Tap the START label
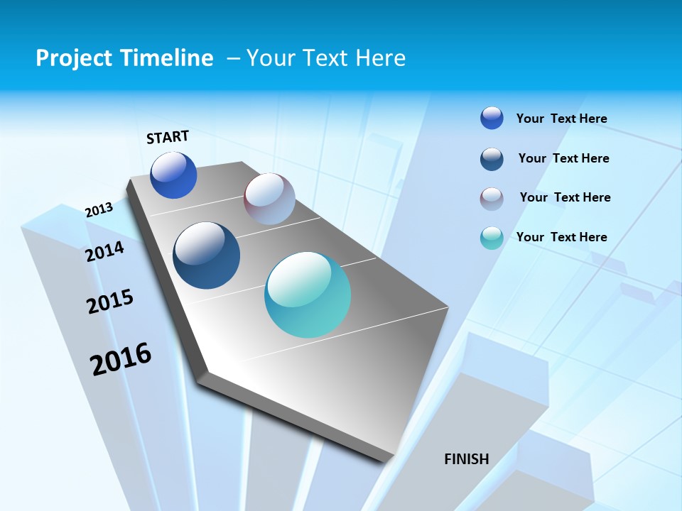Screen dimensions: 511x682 (x=168, y=137)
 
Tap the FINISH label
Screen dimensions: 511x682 (x=467, y=459)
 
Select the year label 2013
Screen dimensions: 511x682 (x=99, y=209)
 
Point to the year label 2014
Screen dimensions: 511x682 (x=105, y=251)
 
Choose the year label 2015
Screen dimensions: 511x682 (x=110, y=301)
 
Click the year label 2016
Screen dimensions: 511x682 (x=121, y=358)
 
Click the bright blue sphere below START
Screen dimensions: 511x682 (x=173, y=175)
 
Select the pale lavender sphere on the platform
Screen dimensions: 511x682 (x=269, y=199)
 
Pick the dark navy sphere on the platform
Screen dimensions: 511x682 (x=207, y=255)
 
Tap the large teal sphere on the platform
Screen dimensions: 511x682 (x=308, y=295)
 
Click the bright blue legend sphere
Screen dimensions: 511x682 (x=492, y=119)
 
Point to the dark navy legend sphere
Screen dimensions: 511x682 (x=492, y=159)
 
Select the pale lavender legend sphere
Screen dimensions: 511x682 (x=492, y=199)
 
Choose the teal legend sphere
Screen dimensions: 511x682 (x=492, y=238)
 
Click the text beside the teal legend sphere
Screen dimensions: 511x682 (x=562, y=237)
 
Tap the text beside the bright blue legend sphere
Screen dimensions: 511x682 (x=562, y=119)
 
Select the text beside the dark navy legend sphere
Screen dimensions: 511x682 (x=564, y=158)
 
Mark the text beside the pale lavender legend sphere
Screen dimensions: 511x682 (x=565, y=197)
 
